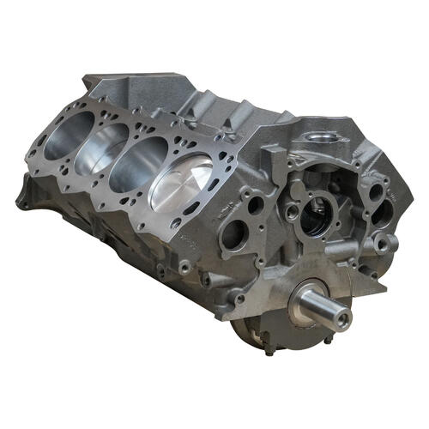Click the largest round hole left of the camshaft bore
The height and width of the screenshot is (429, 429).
234,232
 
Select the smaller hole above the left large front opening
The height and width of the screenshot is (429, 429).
255,205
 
